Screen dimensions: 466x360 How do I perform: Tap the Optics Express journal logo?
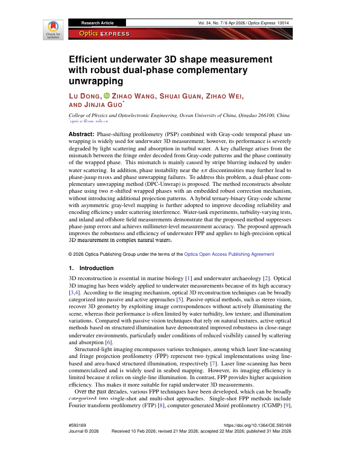tap(104, 34)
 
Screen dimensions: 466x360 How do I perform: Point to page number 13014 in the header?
tap(282, 23)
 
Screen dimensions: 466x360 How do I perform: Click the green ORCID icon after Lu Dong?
tap(106, 96)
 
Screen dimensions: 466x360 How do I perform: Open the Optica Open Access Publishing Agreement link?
tap(229, 254)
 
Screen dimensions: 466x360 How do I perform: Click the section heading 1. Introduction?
tap(91, 268)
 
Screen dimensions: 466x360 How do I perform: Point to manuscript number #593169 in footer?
tap(78, 425)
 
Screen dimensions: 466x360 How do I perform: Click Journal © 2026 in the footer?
tap(84, 432)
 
